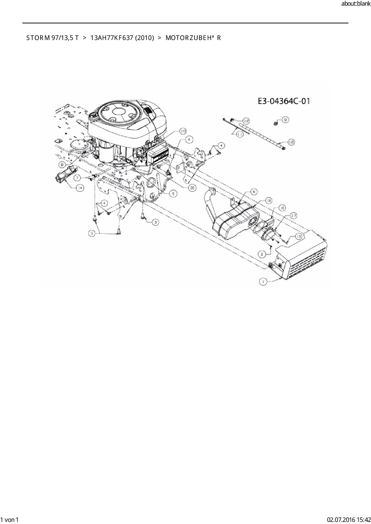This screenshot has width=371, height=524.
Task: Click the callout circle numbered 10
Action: point(183,131)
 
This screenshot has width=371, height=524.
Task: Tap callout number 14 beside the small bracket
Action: point(80,188)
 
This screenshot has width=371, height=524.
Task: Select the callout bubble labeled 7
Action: point(77,178)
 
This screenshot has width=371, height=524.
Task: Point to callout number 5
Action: point(173,194)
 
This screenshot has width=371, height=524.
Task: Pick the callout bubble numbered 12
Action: point(246,121)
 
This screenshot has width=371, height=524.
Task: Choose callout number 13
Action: point(298,236)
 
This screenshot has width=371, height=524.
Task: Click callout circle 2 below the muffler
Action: point(262,254)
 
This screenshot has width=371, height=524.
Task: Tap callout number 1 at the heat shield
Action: point(263,281)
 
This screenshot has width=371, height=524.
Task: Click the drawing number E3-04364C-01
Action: point(284,101)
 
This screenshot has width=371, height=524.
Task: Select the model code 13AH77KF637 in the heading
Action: point(111,38)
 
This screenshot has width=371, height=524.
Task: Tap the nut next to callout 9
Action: point(276,122)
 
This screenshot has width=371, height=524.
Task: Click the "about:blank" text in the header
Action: point(355,4)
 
